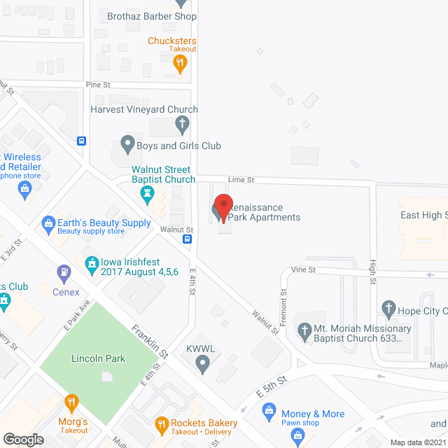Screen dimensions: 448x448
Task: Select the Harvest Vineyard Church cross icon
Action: pos(182,125)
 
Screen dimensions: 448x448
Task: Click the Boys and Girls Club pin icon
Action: pos(127,146)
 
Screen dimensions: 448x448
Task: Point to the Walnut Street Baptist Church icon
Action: pos(147,193)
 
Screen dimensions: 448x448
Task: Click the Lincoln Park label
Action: pos(98,359)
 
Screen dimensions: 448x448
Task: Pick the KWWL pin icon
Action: pos(202,362)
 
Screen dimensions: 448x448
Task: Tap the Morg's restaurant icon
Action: pos(71,402)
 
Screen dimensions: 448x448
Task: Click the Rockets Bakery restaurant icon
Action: pos(162,423)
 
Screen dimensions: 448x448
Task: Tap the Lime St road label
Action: pos(240,180)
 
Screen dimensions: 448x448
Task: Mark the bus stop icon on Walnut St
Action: pos(188,239)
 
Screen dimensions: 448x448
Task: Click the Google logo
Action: pos(23,439)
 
